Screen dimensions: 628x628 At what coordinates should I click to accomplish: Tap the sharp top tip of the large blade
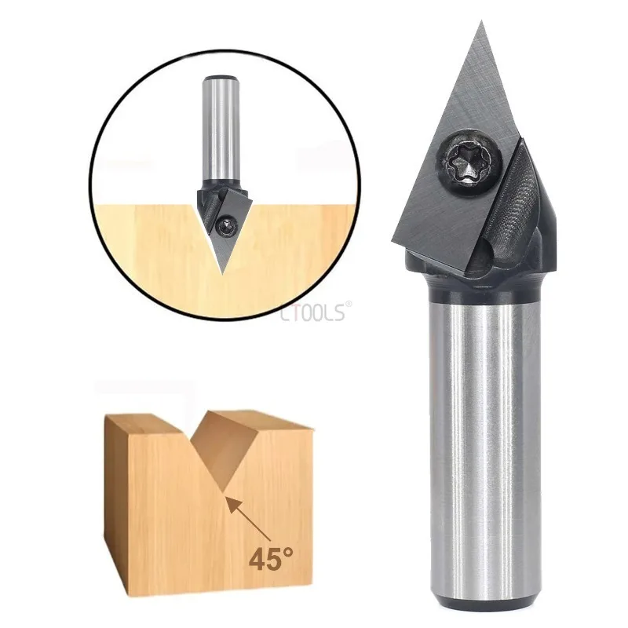click(480, 24)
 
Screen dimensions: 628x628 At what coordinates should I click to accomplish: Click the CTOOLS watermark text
click(312, 313)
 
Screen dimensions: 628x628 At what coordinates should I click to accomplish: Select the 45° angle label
click(272, 558)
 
